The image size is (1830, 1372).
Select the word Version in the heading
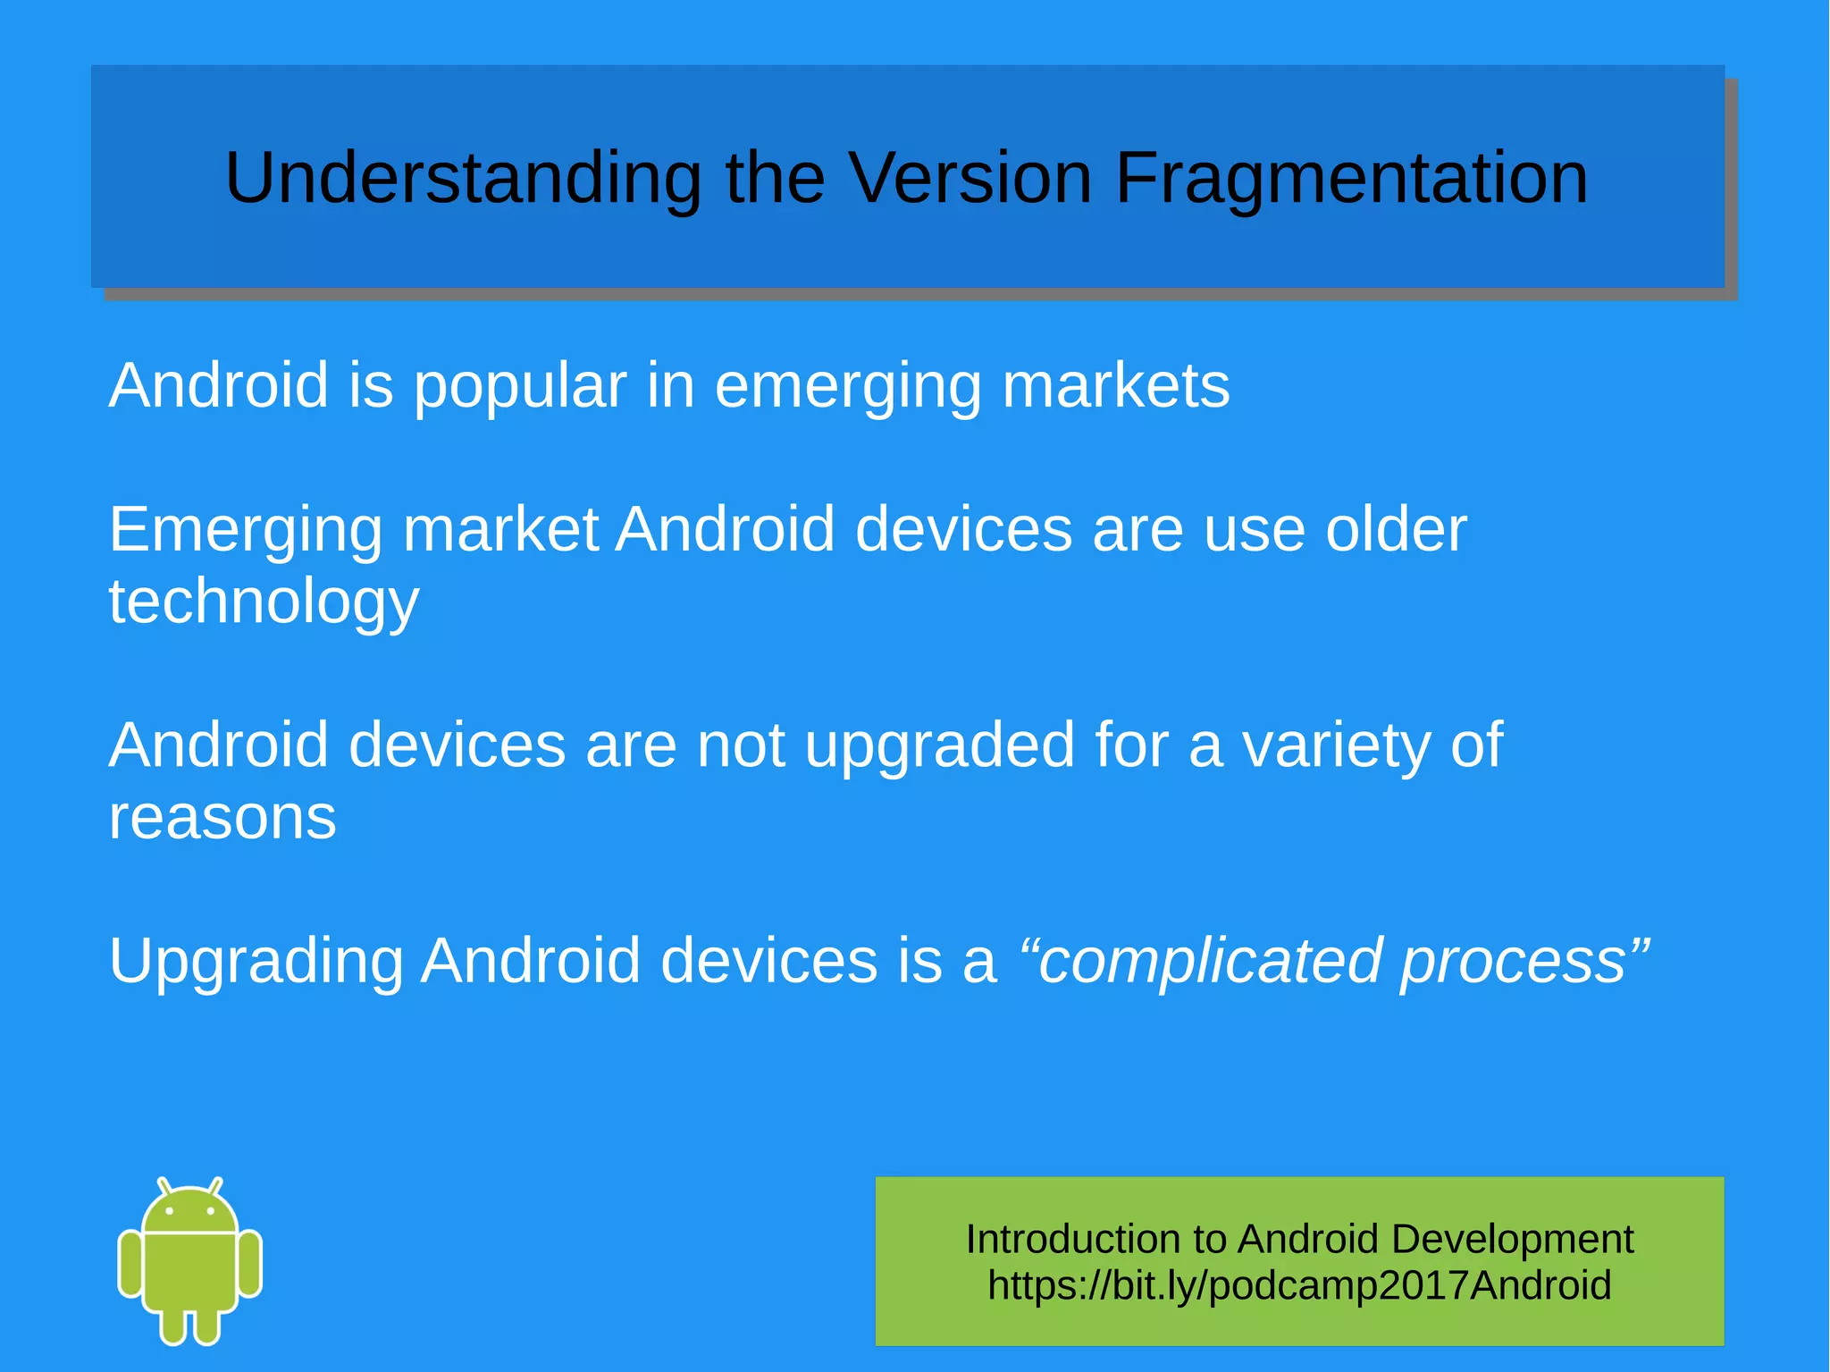[x=969, y=177]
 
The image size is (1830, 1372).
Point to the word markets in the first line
[x=1116, y=386]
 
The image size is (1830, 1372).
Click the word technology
[x=264, y=603]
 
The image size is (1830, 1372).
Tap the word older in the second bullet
[x=1396, y=529]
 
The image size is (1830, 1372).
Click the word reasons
[x=222, y=818]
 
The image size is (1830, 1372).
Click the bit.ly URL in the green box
[x=1299, y=1285]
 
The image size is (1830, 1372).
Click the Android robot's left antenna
[x=164, y=1186]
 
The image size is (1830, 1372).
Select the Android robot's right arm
[x=250, y=1263]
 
